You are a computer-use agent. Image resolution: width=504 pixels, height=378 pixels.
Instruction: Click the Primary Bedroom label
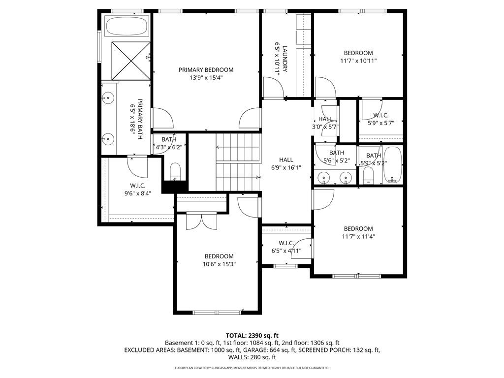pos(206,70)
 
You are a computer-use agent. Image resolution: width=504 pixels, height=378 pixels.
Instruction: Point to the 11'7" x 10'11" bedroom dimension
pos(358,61)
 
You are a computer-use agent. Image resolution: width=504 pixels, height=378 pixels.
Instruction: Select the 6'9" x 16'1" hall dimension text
pos(286,167)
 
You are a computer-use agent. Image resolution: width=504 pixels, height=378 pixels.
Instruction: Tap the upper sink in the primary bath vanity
pos(108,98)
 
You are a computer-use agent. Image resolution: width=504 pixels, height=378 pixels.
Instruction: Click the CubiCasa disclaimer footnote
pos(252,368)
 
